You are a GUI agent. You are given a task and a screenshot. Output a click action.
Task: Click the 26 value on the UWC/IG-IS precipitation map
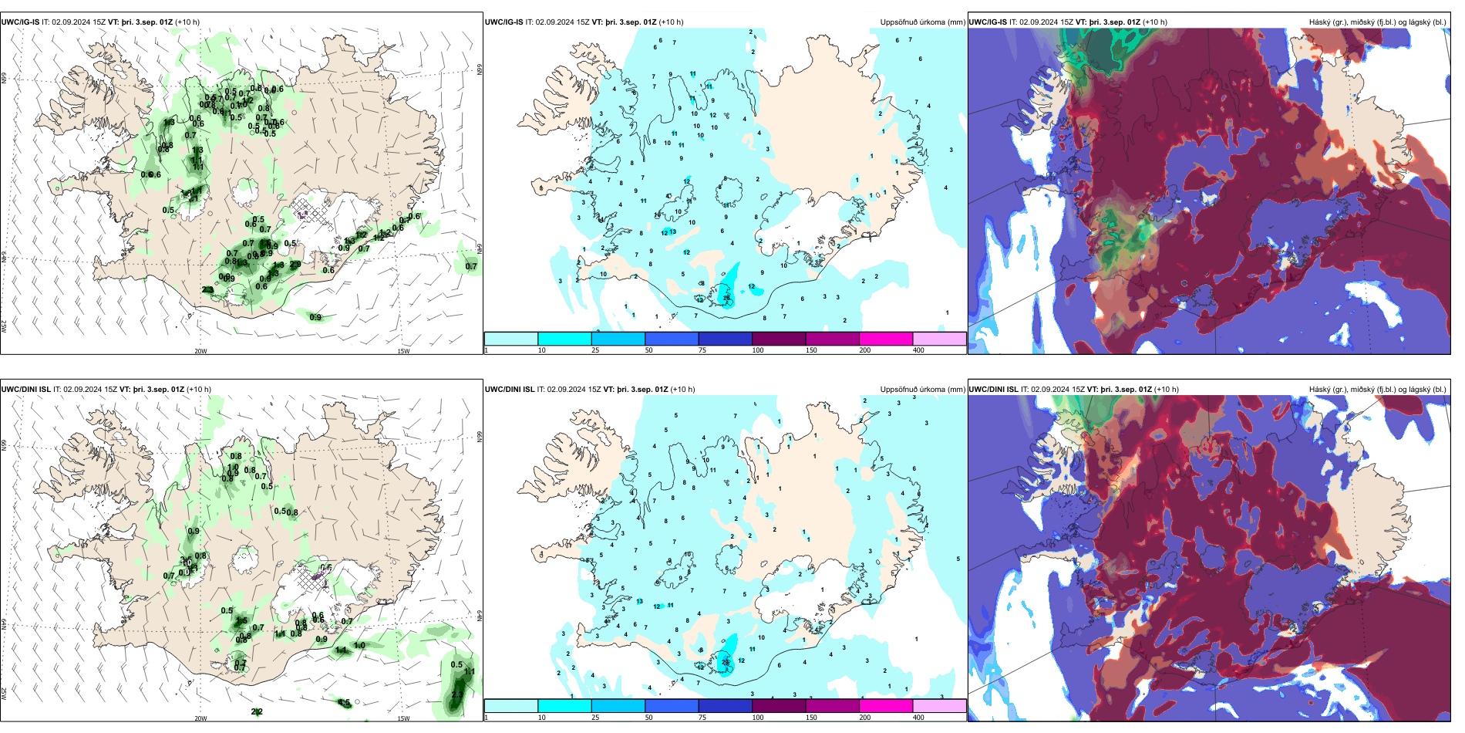tap(726, 298)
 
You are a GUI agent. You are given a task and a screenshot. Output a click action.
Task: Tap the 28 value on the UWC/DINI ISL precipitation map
tap(725, 662)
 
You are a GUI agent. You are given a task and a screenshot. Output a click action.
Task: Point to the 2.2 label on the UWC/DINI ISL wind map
tap(257, 711)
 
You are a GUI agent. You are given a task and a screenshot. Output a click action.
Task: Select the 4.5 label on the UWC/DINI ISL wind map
tap(345, 703)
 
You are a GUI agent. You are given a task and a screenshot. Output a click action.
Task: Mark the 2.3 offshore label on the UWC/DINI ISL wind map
tap(457, 694)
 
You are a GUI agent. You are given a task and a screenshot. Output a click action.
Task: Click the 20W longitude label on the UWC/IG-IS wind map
tap(200, 351)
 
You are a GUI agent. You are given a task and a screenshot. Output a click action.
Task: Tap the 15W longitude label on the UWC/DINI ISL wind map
tap(403, 718)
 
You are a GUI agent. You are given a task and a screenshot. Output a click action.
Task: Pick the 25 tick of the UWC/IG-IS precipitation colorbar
tap(595, 350)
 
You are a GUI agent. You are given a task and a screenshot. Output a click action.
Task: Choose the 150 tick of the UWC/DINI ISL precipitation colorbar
tap(811, 718)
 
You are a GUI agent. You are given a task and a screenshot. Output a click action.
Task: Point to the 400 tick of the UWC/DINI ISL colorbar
tap(918, 718)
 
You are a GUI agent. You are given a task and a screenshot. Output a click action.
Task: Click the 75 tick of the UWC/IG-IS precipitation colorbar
tap(702, 350)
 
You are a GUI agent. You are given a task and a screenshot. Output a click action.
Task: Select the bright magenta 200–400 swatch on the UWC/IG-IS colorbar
tap(886, 339)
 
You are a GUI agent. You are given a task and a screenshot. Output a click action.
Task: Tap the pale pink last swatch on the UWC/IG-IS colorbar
tap(939, 339)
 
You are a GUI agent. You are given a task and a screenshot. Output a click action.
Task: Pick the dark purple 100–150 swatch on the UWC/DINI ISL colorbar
tap(779, 706)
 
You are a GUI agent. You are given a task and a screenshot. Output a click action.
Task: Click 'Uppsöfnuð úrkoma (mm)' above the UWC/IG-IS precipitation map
tap(922, 22)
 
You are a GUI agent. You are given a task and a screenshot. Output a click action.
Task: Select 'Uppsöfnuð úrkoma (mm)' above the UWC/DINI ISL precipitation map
tap(922, 390)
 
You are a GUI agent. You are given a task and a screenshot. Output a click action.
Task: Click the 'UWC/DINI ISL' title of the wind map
tap(25, 390)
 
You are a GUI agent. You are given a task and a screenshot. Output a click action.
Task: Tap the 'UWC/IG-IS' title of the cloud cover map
tap(988, 22)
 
